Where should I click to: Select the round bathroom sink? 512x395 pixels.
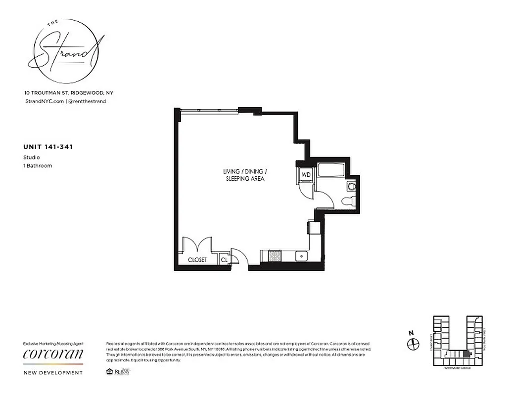click(351, 187)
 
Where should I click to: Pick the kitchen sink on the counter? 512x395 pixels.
click(300, 257)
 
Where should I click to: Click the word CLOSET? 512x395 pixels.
click(197, 260)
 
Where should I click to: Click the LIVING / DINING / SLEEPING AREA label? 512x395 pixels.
click(243, 175)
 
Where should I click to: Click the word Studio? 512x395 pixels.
click(32, 158)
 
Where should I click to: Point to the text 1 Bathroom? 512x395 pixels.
click(38, 166)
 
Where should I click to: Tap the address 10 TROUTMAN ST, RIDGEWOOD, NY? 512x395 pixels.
click(69, 93)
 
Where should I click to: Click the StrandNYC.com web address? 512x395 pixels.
click(44, 101)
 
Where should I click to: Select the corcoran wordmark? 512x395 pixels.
click(53, 354)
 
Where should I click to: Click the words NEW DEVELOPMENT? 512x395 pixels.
click(53, 373)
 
